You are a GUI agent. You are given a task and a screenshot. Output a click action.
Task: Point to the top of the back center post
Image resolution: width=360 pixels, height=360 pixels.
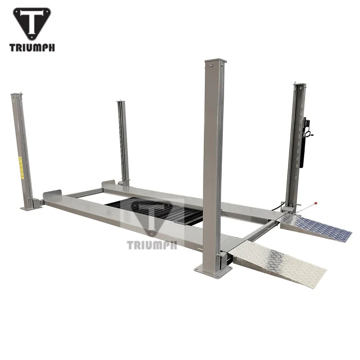(x=120, y=103)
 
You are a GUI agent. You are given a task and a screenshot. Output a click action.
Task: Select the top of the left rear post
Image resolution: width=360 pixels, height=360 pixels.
(x=16, y=95)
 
